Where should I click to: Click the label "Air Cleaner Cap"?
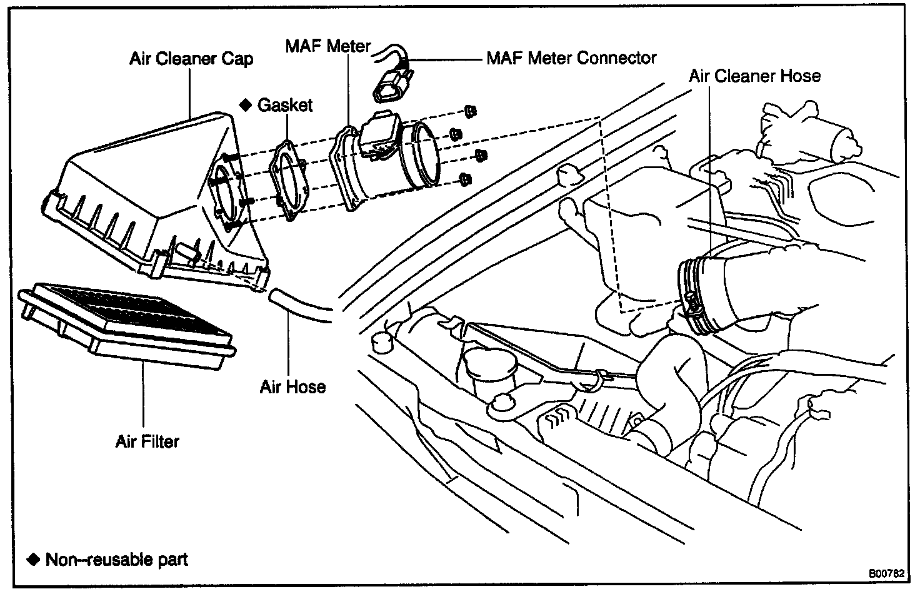pos(191,59)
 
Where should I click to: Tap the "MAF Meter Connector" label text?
pos(571,58)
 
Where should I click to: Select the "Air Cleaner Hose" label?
pos(754,76)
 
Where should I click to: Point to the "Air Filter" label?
pos(147,441)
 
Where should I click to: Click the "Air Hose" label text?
pos(292,386)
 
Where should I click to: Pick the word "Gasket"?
pos(285,105)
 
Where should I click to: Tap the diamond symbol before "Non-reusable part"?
pos(32,558)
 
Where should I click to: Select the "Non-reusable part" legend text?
pos(116,558)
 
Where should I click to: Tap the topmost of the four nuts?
pos(471,111)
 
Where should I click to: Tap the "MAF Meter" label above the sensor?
pos(327,47)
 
